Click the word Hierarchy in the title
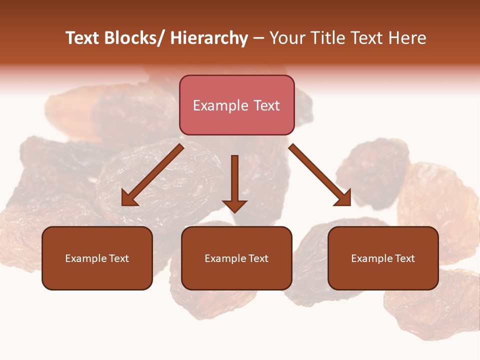click(209, 38)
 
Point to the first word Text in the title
click(83, 38)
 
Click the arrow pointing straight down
click(234, 180)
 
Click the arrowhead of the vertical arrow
click(234, 205)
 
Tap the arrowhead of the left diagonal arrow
click(129, 199)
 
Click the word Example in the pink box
click(214, 105)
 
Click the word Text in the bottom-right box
click(404, 258)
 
